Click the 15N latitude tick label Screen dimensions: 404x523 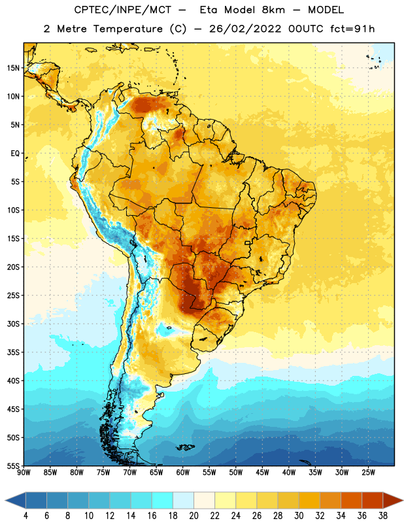coord(13,68)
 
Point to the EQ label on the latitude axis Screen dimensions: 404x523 coord(15,154)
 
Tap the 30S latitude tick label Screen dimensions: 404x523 coord(13,324)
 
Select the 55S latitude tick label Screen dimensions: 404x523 coord(13,466)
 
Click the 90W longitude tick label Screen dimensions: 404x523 coord(24,473)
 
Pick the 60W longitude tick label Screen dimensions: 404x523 coord(183,473)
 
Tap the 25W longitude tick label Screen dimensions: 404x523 coord(368,473)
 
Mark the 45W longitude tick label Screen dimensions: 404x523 coord(262,473)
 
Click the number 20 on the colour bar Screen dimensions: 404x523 coord(194,516)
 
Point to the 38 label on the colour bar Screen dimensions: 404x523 coord(382,516)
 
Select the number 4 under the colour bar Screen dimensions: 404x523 coord(25,516)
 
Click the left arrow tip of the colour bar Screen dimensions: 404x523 coord(5,500)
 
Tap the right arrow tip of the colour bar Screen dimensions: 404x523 coord(403,500)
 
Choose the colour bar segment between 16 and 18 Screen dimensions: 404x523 coord(163,500)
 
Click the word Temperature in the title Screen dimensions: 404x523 coord(127,29)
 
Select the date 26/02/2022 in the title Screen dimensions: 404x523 coord(246,29)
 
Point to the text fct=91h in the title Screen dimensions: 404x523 coord(352,29)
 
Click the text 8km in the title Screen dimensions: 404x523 coord(273,10)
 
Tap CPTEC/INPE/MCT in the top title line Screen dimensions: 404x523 coord(123,10)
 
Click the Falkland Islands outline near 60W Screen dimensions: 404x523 coord(185,447)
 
